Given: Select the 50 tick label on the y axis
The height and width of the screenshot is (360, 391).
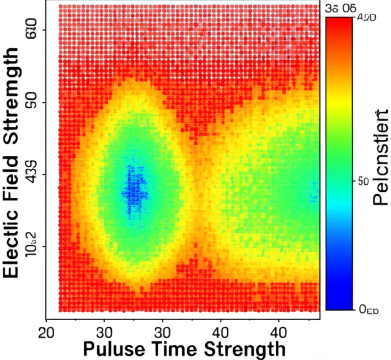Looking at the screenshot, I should [31, 103].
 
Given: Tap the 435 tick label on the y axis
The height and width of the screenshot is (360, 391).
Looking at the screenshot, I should [31, 175].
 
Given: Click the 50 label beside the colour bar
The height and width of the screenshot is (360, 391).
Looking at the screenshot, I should [363, 182].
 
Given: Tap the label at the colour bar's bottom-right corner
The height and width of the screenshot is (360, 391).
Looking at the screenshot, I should [368, 310].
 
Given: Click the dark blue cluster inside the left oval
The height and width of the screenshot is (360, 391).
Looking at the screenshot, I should [134, 191].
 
